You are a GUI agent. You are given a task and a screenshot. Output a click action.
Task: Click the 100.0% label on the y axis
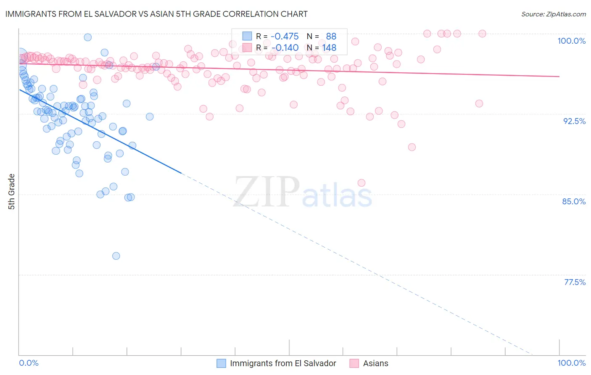click(571, 41)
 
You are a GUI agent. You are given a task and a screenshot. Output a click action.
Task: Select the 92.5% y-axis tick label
click(574, 121)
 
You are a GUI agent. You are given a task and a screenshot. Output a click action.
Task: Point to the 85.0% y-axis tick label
click(574, 201)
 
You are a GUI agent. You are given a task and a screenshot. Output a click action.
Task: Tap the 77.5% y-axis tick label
click(575, 282)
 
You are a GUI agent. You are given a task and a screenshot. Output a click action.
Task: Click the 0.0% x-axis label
click(29, 363)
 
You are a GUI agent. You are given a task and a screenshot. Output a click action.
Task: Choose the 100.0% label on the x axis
click(571, 363)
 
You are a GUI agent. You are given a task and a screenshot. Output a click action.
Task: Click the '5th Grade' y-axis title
click(11, 192)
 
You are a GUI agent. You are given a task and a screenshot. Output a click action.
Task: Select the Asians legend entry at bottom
click(375, 363)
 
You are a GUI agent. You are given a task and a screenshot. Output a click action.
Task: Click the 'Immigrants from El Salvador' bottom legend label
click(283, 363)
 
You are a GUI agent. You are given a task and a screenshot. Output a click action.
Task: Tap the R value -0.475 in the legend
click(285, 36)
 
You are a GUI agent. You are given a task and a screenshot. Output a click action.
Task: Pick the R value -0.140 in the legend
click(285, 48)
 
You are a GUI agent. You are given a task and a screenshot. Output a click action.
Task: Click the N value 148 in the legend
click(329, 48)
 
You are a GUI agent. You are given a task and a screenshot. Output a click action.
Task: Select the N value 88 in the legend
click(331, 36)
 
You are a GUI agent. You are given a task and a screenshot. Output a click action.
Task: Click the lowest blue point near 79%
click(116, 256)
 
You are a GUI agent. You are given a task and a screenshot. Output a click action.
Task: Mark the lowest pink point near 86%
click(361, 183)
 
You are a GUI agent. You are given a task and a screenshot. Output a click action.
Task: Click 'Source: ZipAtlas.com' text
click(553, 14)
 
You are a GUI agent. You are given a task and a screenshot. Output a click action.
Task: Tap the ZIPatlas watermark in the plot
click(303, 192)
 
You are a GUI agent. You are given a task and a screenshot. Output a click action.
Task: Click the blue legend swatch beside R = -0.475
click(247, 36)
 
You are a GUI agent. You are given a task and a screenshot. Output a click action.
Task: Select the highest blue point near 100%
click(88, 37)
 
